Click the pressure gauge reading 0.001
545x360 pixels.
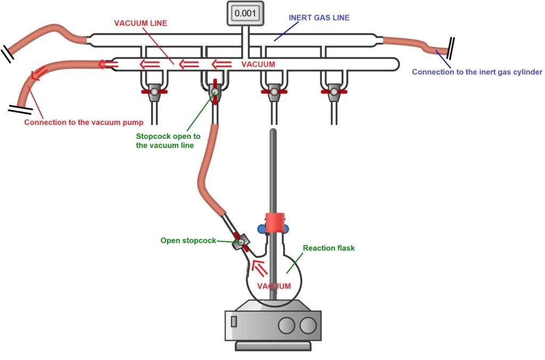245,13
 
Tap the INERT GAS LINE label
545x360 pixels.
319,18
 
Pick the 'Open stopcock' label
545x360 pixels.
188,240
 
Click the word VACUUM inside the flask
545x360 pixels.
274,286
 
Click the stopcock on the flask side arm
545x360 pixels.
241,242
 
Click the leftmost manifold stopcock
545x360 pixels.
154,92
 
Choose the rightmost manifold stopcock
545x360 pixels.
333,92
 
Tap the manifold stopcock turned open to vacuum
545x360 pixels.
214,92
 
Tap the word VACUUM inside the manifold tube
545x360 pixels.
258,64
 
